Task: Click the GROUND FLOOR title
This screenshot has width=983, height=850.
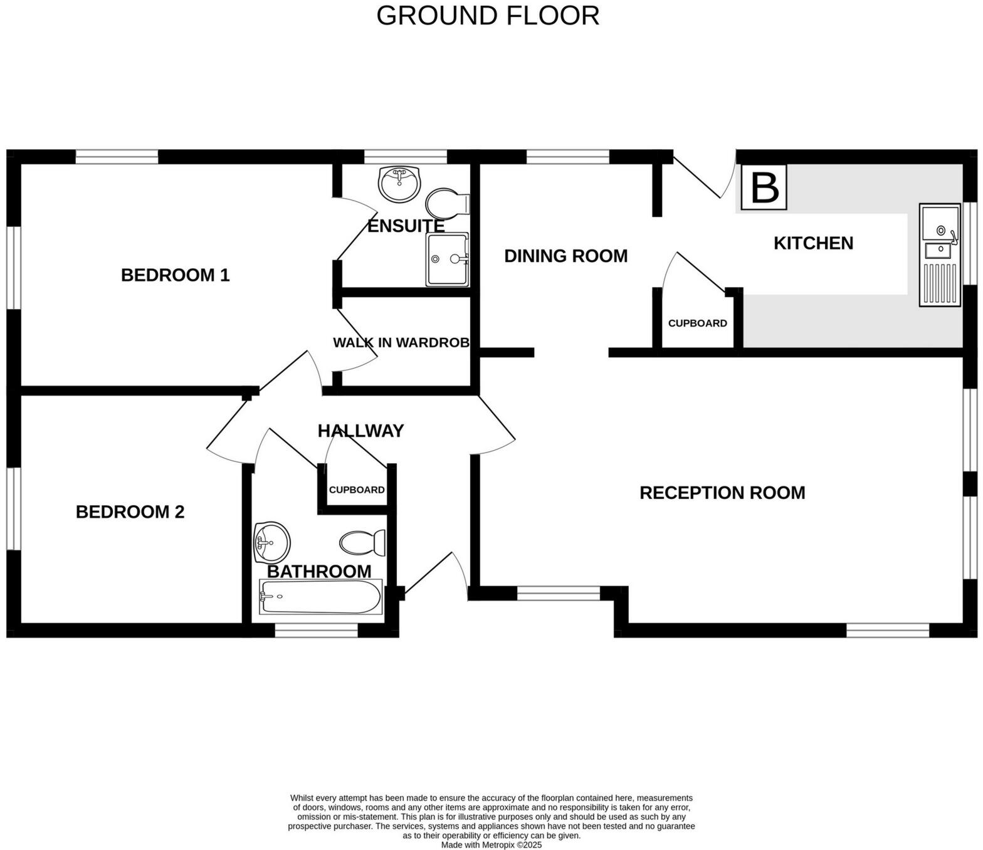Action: (488, 16)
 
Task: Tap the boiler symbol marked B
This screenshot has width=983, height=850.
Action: (764, 187)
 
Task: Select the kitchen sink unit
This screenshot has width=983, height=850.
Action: (939, 255)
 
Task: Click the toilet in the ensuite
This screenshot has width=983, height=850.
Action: (447, 203)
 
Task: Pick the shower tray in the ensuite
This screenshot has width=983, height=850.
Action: (447, 260)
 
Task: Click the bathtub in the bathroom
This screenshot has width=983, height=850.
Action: (320, 597)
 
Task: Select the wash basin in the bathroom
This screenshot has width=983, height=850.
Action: (271, 542)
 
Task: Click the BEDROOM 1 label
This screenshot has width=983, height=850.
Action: (176, 275)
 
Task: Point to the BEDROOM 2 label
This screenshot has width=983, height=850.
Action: (130, 512)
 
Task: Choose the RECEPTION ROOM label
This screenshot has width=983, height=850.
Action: (722, 493)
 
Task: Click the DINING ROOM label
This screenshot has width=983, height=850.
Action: (565, 256)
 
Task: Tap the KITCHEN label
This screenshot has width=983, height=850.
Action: (813, 243)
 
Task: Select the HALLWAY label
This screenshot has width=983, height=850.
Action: (360, 431)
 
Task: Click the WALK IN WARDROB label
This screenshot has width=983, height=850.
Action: (401, 343)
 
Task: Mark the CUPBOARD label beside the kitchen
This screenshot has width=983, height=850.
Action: (697, 323)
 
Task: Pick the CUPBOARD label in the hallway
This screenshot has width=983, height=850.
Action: (357, 490)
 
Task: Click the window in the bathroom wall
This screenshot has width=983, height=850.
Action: (316, 631)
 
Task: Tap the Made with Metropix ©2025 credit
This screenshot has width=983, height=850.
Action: (491, 844)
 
